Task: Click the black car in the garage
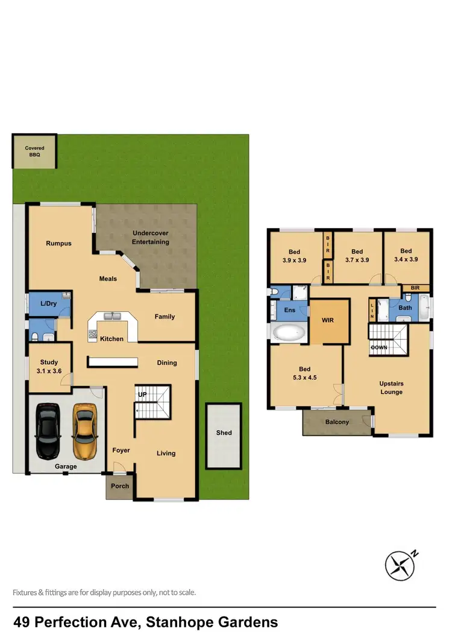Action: pyautogui.click(x=48, y=429)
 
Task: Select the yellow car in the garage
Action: pyautogui.click(x=85, y=429)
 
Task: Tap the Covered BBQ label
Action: pyautogui.click(x=34, y=151)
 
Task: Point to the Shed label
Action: pyautogui.click(x=224, y=432)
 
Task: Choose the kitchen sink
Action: pyautogui.click(x=112, y=315)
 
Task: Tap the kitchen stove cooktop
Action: pyautogui.click(x=93, y=332)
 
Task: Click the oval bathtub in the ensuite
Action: pyautogui.click(x=288, y=333)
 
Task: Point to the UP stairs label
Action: pyautogui.click(x=143, y=394)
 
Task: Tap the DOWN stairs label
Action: pyautogui.click(x=379, y=348)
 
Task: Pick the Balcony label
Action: pyautogui.click(x=337, y=422)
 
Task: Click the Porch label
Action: pyautogui.click(x=120, y=486)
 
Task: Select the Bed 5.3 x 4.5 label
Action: pyautogui.click(x=305, y=373)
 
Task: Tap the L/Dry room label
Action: pyautogui.click(x=48, y=303)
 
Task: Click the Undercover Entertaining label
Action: pyautogui.click(x=151, y=238)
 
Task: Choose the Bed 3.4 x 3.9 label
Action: pyautogui.click(x=406, y=255)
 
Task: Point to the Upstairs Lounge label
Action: pyautogui.click(x=391, y=388)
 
